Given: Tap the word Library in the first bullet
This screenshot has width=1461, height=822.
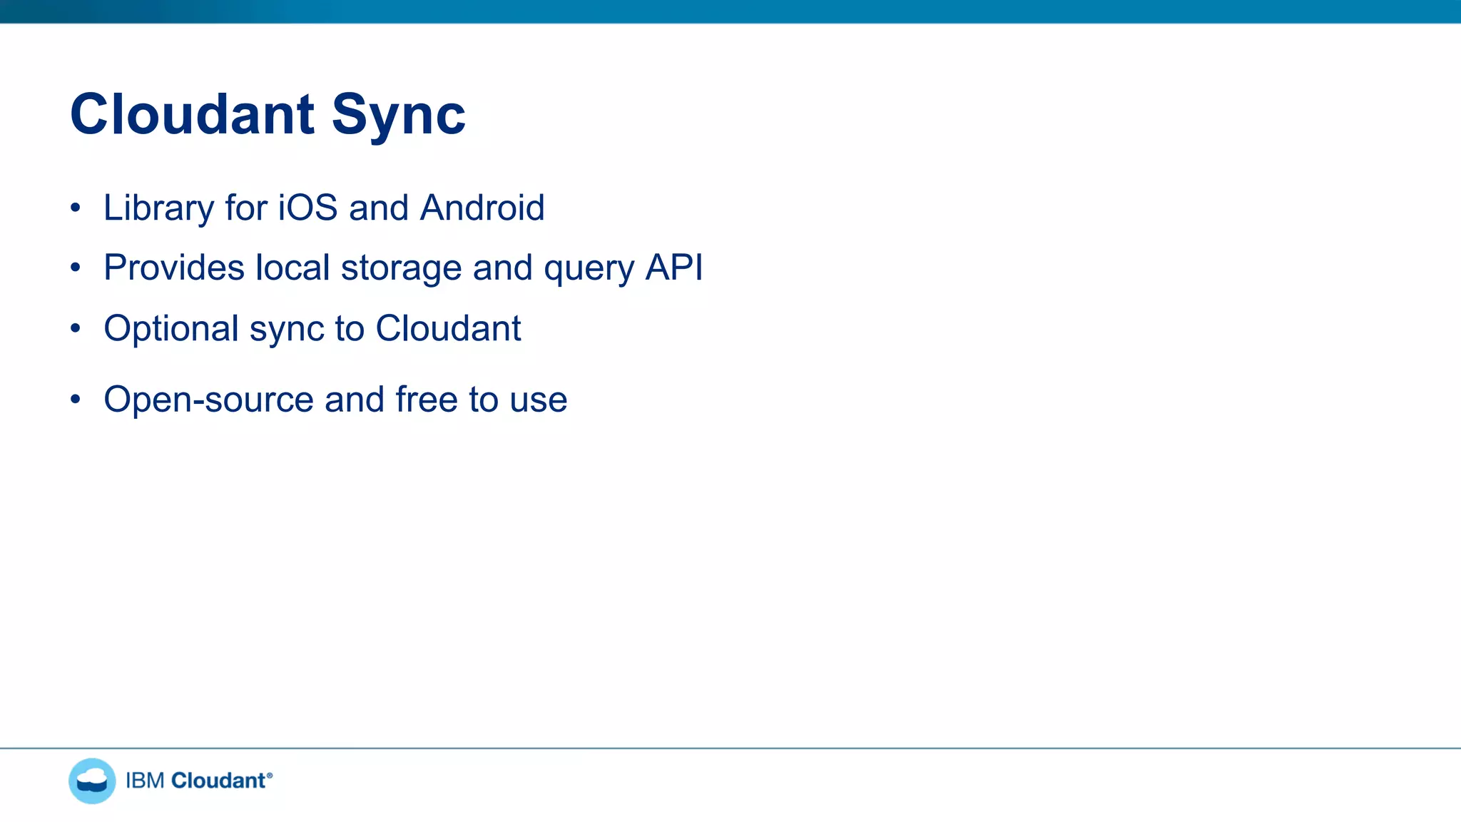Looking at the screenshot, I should (x=158, y=208).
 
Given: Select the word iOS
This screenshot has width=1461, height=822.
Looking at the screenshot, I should (x=307, y=208).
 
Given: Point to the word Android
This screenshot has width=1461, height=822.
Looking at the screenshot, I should (x=482, y=208).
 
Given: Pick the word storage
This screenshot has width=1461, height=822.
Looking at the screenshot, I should (x=401, y=268).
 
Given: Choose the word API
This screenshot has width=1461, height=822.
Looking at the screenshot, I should (x=674, y=268).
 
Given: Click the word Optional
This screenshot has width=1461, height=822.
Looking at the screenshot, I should (x=171, y=329).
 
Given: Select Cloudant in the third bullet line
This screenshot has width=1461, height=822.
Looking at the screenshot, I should (x=448, y=329).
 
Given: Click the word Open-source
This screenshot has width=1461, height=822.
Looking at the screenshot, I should (x=208, y=400).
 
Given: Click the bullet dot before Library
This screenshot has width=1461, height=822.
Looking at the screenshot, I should (x=76, y=208).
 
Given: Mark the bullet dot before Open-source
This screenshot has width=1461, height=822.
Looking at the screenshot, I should (x=76, y=400).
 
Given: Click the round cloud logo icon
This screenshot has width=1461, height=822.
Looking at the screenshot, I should (x=92, y=781).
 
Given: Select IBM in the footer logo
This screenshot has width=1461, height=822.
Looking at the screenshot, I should (x=145, y=781).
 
